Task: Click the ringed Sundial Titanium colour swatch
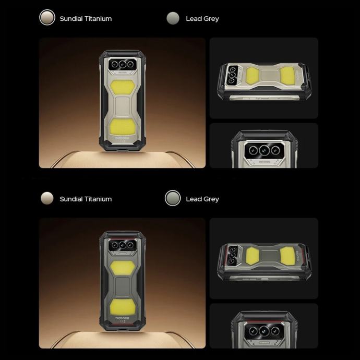(x=47, y=17)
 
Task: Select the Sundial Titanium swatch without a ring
(x=47, y=198)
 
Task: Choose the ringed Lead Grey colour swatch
(x=173, y=198)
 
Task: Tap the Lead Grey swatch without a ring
(x=173, y=18)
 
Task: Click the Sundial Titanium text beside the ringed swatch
(x=86, y=19)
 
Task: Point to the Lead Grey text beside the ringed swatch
(x=202, y=199)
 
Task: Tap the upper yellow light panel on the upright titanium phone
(x=123, y=87)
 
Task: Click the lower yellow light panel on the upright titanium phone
(x=123, y=127)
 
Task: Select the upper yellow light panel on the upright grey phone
(x=123, y=268)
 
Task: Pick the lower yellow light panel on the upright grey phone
(x=123, y=307)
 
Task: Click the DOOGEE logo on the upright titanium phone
(x=123, y=138)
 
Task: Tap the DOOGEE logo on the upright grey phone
(x=123, y=318)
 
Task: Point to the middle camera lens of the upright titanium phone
(x=123, y=64)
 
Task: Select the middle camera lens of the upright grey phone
(x=123, y=245)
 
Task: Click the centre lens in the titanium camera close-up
(x=264, y=150)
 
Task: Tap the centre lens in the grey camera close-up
(x=264, y=331)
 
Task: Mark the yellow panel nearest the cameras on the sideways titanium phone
(x=253, y=75)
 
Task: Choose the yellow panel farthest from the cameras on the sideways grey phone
(x=287, y=256)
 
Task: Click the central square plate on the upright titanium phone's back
(x=123, y=107)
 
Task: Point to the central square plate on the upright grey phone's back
(x=123, y=287)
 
